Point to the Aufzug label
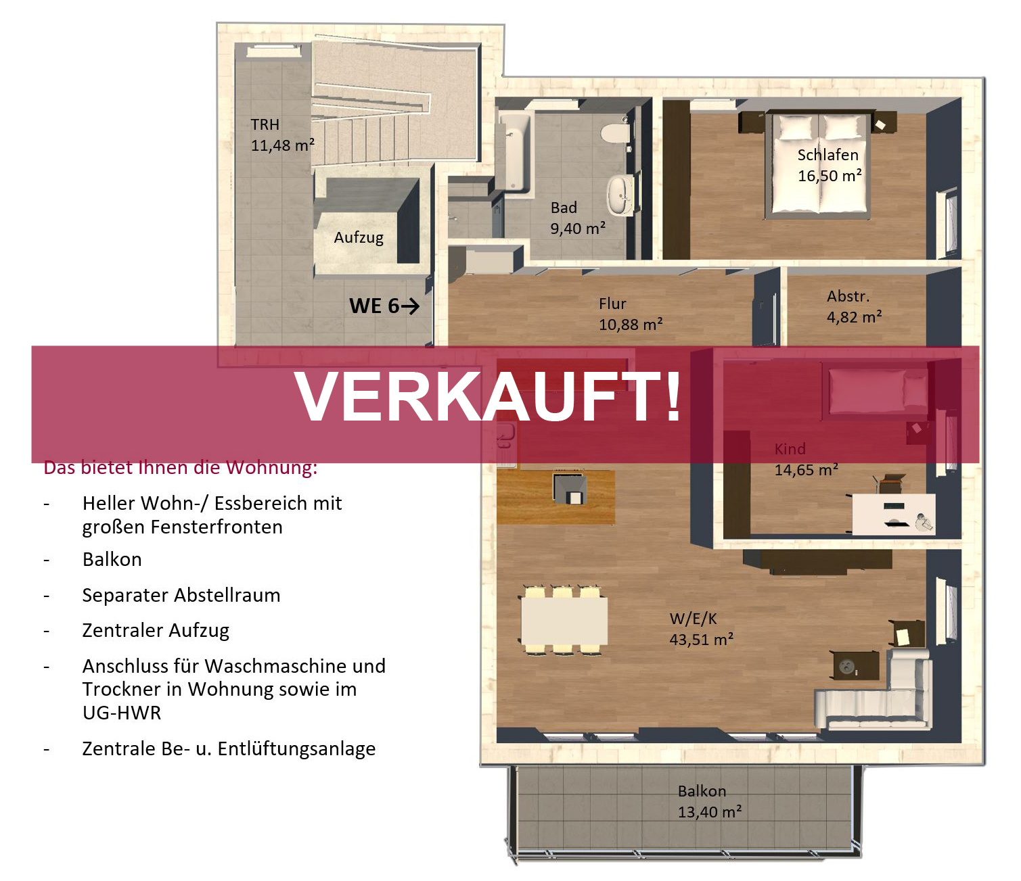click(359, 237)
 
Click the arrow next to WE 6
click(410, 306)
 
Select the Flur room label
click(612, 304)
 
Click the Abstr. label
click(848, 296)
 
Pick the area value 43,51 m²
click(701, 640)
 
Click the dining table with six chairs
click(564, 620)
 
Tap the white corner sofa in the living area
click(874, 691)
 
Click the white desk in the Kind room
click(894, 514)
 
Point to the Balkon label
click(702, 791)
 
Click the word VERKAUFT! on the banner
click(488, 396)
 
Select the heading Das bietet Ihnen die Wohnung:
click(180, 467)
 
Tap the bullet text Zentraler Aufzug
click(156, 631)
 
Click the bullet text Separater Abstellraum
click(181, 595)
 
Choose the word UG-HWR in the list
click(122, 713)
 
